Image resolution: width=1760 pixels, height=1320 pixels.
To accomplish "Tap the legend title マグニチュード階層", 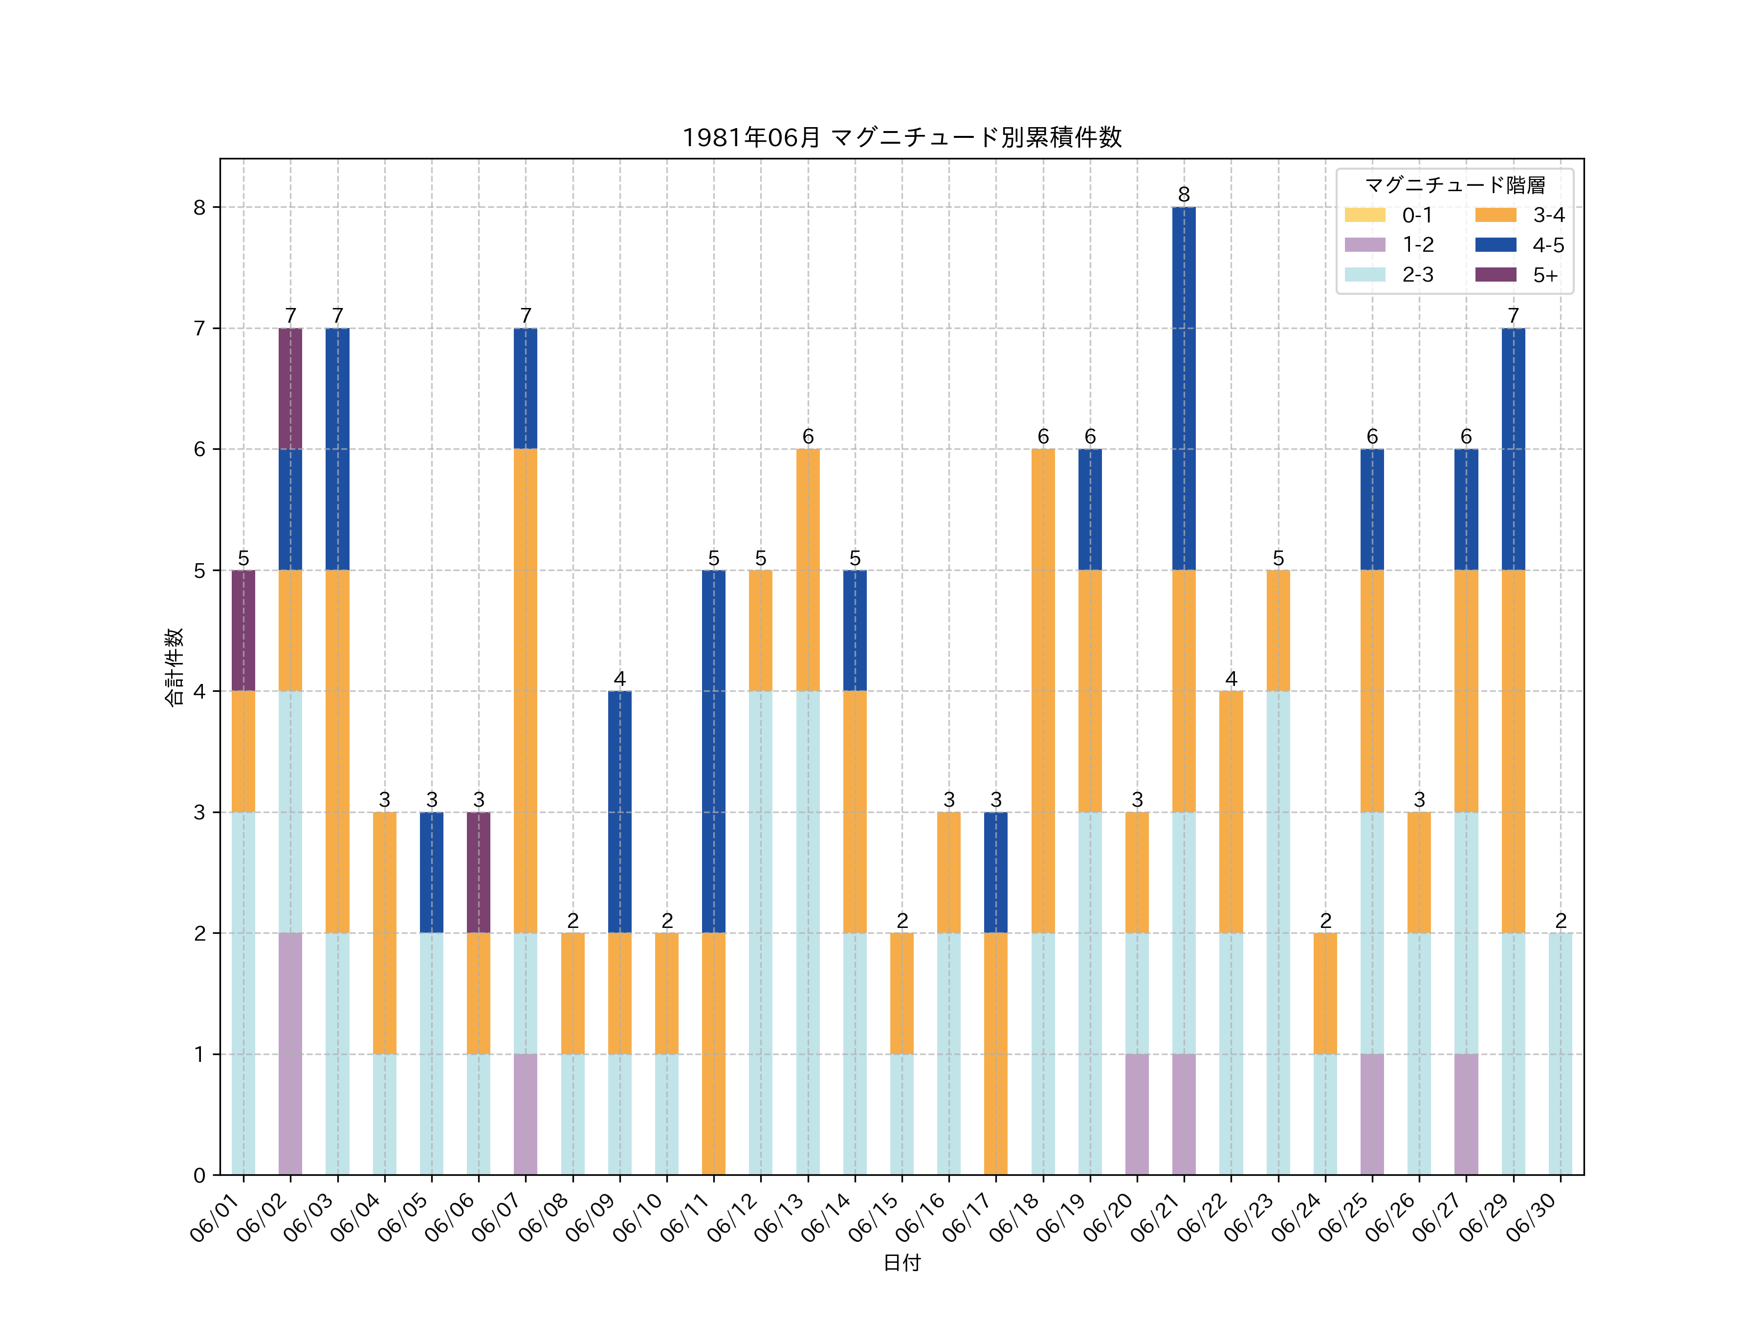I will coord(1454,185).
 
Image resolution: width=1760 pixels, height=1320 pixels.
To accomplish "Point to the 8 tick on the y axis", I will coord(199,208).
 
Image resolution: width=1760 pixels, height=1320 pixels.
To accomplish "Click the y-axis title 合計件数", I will coord(174,667).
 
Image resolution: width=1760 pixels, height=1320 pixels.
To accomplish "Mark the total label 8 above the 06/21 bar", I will coord(1184,195).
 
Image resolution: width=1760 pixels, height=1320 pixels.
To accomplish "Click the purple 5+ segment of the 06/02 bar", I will coord(290,388).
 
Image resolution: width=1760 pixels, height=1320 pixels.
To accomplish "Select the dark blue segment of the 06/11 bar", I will coord(714,751).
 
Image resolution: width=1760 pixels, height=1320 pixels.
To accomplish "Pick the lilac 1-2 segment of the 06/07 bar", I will coord(525,1114).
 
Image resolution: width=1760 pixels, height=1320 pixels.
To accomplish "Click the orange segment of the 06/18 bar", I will coord(1043,691).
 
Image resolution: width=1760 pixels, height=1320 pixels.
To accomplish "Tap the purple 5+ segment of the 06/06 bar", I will coord(478,872).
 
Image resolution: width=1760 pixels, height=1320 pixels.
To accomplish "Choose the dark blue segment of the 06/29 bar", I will coord(1513,449).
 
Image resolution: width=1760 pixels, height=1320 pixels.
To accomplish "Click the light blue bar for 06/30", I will coord(1561,1054).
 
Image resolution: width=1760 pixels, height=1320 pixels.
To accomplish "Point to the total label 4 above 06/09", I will coord(620,679).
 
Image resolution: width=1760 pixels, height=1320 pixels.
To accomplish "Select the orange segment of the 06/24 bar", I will coord(1325,993).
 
